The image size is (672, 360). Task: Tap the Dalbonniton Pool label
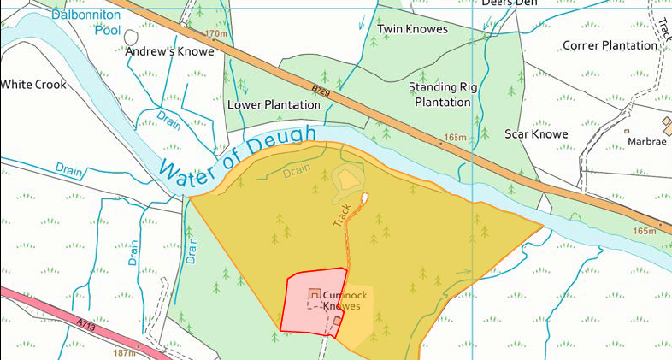pyautogui.click(x=85, y=21)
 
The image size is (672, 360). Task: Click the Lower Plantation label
pyautogui.click(x=274, y=105)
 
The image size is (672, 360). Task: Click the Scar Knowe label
pyautogui.click(x=536, y=134)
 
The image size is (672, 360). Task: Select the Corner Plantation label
pyautogui.click(x=610, y=44)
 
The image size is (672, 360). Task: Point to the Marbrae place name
pyautogui.click(x=646, y=141)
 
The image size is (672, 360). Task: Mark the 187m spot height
pyautogui.click(x=123, y=352)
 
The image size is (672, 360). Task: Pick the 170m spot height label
pyautogui.click(x=219, y=34)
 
